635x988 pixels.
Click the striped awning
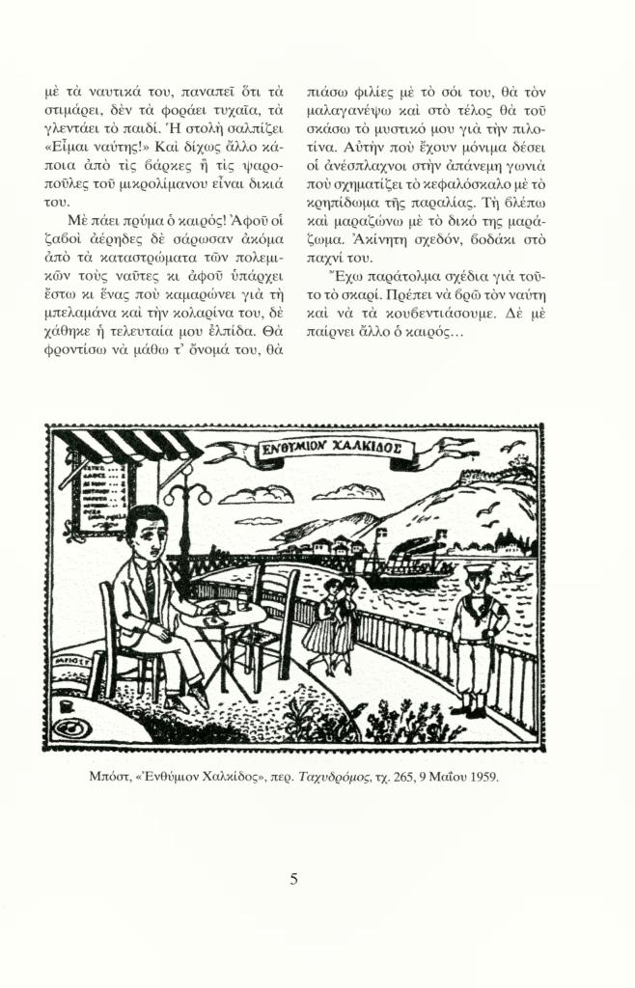pyautogui.click(x=125, y=448)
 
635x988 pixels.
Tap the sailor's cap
pyautogui.click(x=477, y=572)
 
